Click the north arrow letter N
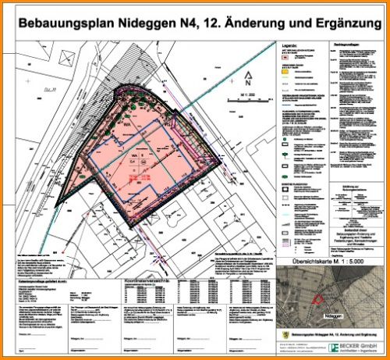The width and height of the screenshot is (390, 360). (x=248, y=81)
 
